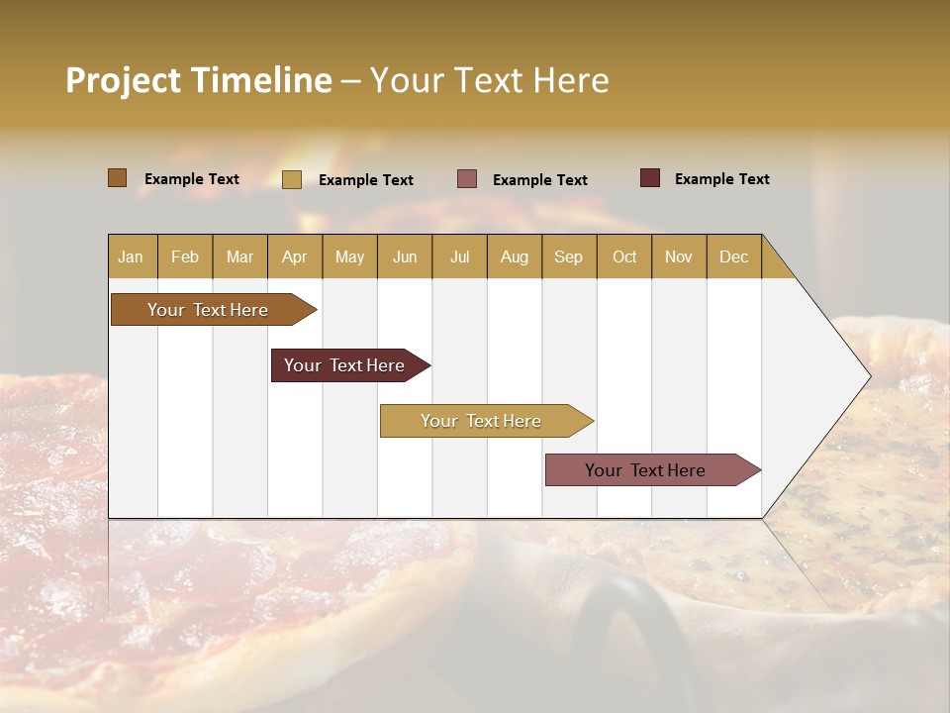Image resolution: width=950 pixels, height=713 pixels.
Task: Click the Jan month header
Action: click(131, 256)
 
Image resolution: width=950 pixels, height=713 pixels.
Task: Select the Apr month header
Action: click(294, 256)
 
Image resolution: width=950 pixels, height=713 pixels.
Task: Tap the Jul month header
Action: click(459, 256)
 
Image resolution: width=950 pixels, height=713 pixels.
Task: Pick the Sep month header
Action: click(568, 256)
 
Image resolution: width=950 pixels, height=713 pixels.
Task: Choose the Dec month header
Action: click(733, 256)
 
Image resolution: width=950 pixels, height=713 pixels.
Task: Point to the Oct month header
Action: click(623, 256)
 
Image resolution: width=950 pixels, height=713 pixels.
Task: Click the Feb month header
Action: click(185, 256)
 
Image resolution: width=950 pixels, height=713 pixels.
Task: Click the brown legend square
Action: click(117, 178)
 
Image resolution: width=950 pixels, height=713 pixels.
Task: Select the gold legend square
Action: click(291, 179)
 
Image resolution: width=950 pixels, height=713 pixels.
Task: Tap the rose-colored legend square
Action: click(467, 179)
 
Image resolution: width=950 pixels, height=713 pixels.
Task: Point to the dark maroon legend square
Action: click(649, 178)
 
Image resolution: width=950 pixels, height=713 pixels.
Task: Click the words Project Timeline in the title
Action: click(198, 80)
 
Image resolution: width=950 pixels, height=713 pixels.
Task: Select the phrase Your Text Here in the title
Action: click(489, 80)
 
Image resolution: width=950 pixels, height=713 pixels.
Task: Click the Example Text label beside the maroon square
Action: click(721, 178)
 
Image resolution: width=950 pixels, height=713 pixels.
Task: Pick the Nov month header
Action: click(678, 256)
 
